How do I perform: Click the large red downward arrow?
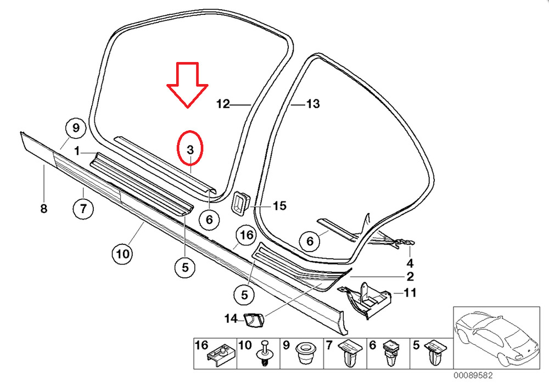[187, 85]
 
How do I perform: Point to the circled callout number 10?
[122, 254]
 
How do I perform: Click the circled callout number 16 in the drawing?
[245, 236]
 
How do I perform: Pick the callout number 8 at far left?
[43, 209]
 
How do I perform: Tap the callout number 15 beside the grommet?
[279, 206]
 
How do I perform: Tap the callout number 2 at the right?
[410, 276]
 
